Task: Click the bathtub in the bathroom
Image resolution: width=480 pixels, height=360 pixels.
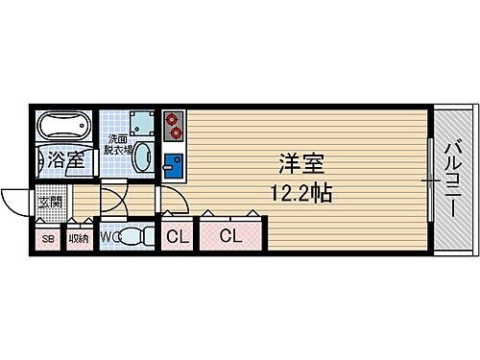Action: tap(62, 127)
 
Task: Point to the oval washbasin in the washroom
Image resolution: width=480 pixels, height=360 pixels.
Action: tap(142, 157)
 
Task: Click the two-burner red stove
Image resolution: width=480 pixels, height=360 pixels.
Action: tap(174, 122)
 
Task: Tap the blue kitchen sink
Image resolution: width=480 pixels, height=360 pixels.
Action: tap(173, 164)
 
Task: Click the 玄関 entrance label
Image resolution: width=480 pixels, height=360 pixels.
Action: tap(50, 203)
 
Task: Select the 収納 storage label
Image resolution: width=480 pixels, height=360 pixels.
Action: tap(79, 238)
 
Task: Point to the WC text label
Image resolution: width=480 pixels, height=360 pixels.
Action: tap(109, 235)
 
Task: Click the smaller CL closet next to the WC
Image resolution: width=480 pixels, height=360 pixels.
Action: tap(177, 236)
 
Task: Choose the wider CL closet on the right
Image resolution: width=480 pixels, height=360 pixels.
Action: tap(230, 236)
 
